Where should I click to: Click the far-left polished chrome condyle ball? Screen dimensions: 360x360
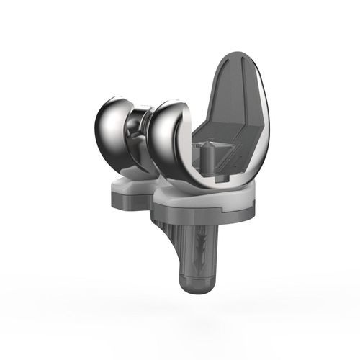(114, 130)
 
